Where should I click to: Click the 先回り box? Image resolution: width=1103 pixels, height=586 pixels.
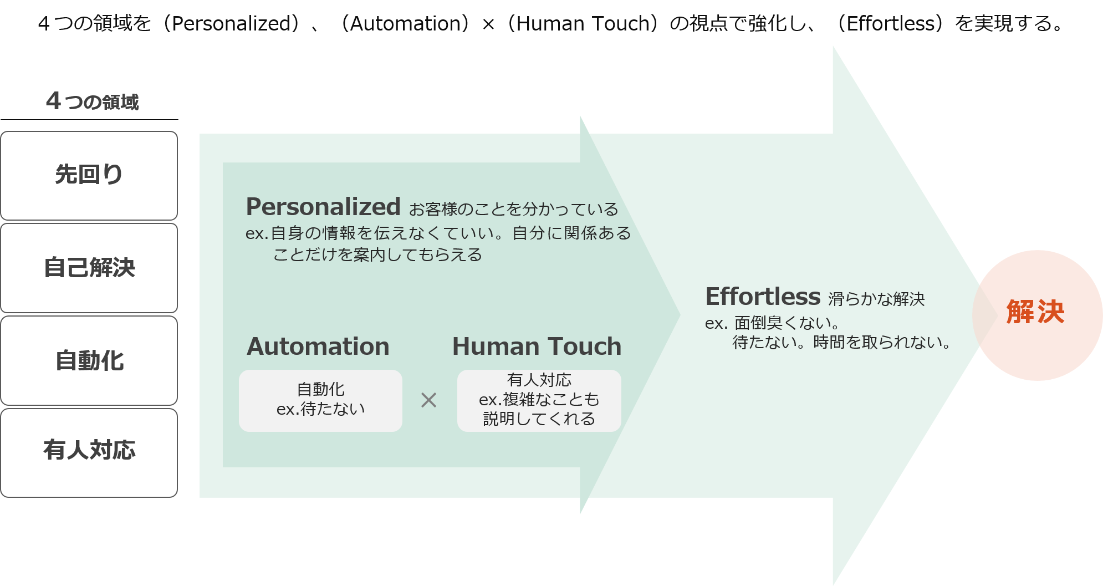click(89, 175)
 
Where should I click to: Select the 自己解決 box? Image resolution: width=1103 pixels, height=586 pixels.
click(89, 268)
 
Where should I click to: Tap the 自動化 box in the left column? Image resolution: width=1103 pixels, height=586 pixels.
click(89, 360)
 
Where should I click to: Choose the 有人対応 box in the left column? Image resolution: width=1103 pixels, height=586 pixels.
click(89, 452)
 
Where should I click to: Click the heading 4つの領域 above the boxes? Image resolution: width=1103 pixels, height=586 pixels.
click(92, 101)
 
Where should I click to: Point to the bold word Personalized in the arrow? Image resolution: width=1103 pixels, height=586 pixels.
click(323, 207)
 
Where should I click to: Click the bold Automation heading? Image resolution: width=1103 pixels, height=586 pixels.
click(318, 346)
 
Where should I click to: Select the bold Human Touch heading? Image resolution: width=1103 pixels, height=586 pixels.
click(537, 346)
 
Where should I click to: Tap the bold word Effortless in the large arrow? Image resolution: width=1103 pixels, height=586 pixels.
click(763, 297)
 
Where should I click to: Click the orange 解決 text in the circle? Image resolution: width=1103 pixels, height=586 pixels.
click(1035, 312)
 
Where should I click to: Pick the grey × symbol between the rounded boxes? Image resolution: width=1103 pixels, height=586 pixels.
click(428, 400)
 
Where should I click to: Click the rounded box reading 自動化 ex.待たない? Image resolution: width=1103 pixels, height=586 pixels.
click(320, 400)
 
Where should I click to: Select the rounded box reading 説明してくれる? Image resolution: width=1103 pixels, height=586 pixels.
click(539, 400)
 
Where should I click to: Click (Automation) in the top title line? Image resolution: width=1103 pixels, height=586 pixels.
click(406, 23)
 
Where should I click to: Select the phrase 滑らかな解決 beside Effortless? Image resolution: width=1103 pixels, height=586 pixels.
click(876, 299)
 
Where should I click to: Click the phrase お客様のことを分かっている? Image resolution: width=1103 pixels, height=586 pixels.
click(513, 210)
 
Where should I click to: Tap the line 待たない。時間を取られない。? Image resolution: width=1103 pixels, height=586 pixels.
click(841, 342)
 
